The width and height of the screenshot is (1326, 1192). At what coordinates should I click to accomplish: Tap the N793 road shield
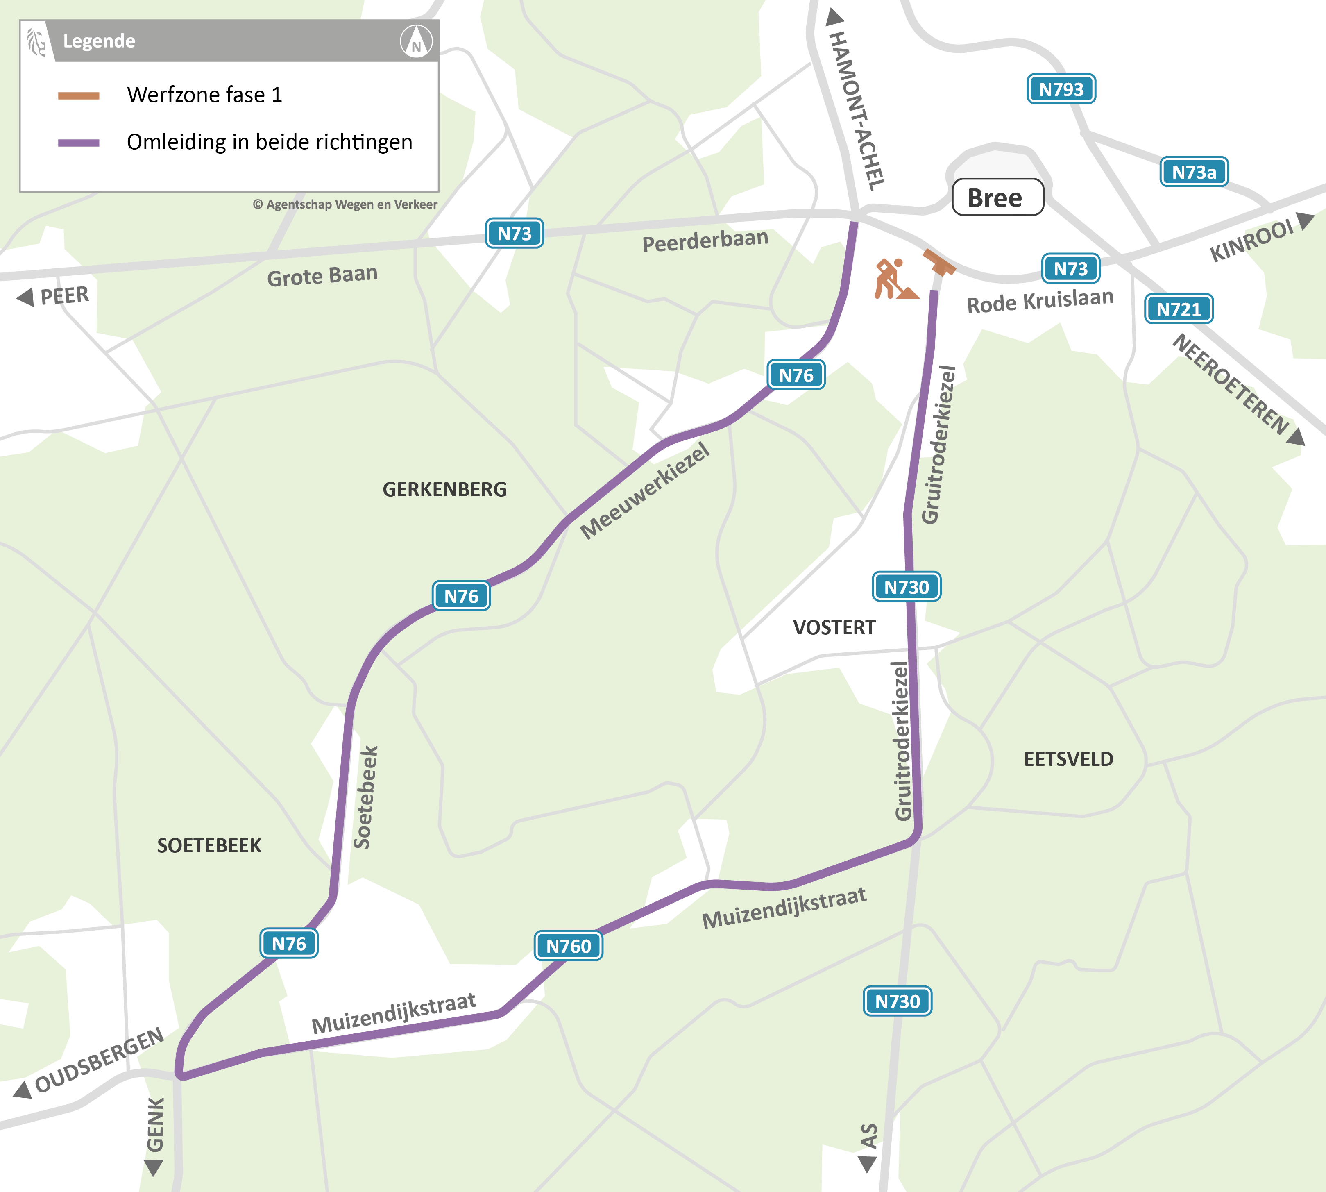pyautogui.click(x=1061, y=89)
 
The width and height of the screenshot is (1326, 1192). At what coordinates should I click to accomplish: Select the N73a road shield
pyautogui.click(x=1193, y=172)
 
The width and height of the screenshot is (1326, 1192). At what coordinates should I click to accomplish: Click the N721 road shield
pyautogui.click(x=1178, y=309)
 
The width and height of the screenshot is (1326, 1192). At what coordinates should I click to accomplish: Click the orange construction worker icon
pyautogui.click(x=893, y=279)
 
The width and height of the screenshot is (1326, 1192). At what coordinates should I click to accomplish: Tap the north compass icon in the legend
pyautogui.click(x=416, y=42)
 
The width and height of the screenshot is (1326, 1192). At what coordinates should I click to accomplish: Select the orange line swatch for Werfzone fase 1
pyautogui.click(x=79, y=95)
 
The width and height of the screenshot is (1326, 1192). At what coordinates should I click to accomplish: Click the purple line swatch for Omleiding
pyautogui.click(x=79, y=143)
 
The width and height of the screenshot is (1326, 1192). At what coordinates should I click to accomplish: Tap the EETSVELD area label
pyautogui.click(x=1068, y=759)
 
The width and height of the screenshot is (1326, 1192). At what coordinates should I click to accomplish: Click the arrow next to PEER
pyautogui.click(x=25, y=297)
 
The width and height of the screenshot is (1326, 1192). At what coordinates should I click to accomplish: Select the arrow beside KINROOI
pyautogui.click(x=1305, y=221)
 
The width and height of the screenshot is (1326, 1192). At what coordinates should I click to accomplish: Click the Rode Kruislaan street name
pyautogui.click(x=1040, y=301)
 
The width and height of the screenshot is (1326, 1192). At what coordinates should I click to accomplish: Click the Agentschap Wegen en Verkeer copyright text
pyautogui.click(x=345, y=204)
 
